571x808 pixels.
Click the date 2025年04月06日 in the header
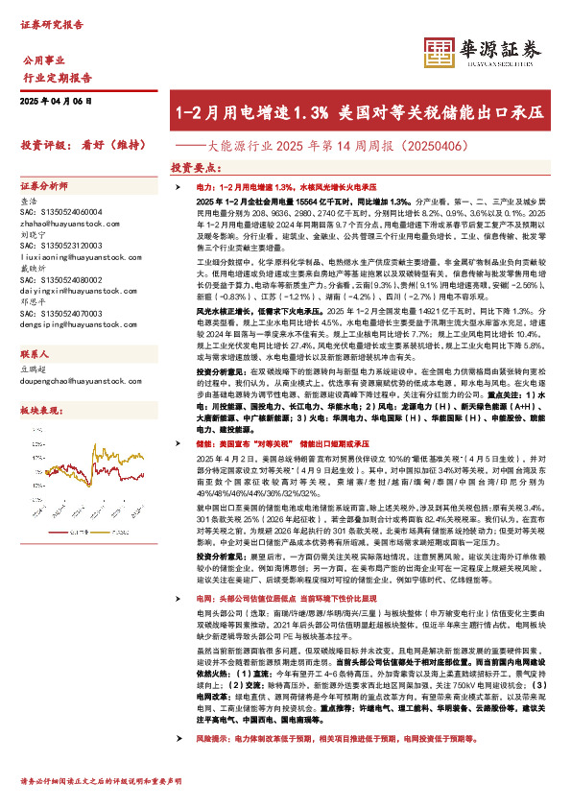point(59,101)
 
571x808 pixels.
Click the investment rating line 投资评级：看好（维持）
point(77,145)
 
